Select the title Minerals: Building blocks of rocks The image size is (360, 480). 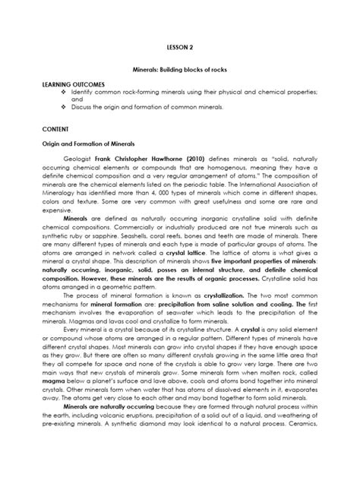click(x=180, y=71)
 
